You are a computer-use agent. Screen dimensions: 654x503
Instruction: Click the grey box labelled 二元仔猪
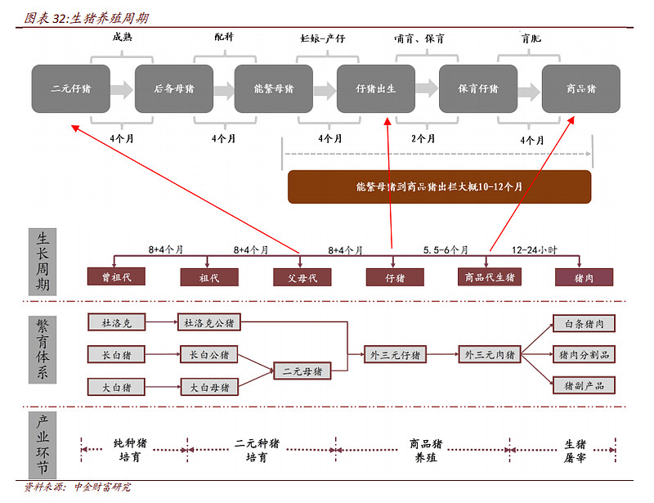pos(71,88)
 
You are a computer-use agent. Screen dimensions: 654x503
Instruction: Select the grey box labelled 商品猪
pos(581,88)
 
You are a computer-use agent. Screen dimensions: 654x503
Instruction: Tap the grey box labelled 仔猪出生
pos(376,88)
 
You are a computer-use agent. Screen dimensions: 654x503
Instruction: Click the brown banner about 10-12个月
pos(439,186)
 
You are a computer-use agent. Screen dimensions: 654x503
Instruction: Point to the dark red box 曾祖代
pos(116,276)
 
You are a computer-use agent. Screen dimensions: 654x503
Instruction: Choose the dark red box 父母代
pos(302,277)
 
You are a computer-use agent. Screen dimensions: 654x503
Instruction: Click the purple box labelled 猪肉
pos(584,277)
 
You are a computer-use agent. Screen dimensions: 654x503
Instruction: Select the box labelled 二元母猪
pos(302,371)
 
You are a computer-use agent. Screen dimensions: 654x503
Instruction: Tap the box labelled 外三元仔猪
pos(395,355)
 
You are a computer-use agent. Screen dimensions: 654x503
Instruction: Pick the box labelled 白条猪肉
pos(584,324)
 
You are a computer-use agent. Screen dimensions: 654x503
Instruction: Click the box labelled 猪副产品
pos(584,386)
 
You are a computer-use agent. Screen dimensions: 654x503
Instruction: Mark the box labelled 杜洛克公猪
pos(209,323)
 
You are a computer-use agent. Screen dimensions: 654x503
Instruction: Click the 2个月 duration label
pos(423,138)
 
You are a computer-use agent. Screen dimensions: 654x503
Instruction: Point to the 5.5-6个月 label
pos(446,250)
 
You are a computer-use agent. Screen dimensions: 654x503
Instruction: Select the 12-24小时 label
pos(535,250)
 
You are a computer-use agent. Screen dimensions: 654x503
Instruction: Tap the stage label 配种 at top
pos(224,37)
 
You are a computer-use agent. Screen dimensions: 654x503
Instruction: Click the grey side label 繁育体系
pos(43,350)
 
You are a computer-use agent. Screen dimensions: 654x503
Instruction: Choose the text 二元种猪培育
pos(256,450)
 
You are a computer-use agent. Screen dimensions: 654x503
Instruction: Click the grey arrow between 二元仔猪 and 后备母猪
pos(122,89)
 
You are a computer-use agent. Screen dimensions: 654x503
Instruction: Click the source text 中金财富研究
pos(103,487)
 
